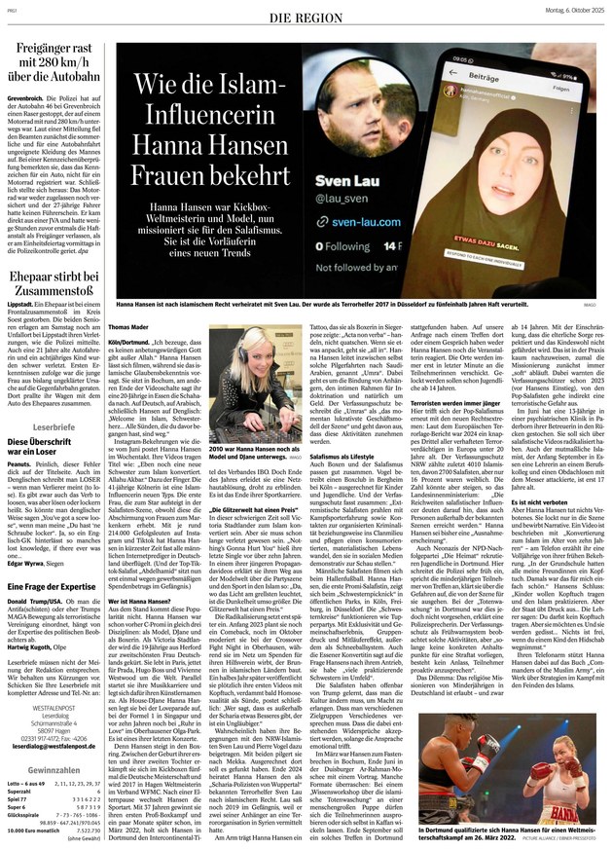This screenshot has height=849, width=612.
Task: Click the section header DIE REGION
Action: click(305, 18)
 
